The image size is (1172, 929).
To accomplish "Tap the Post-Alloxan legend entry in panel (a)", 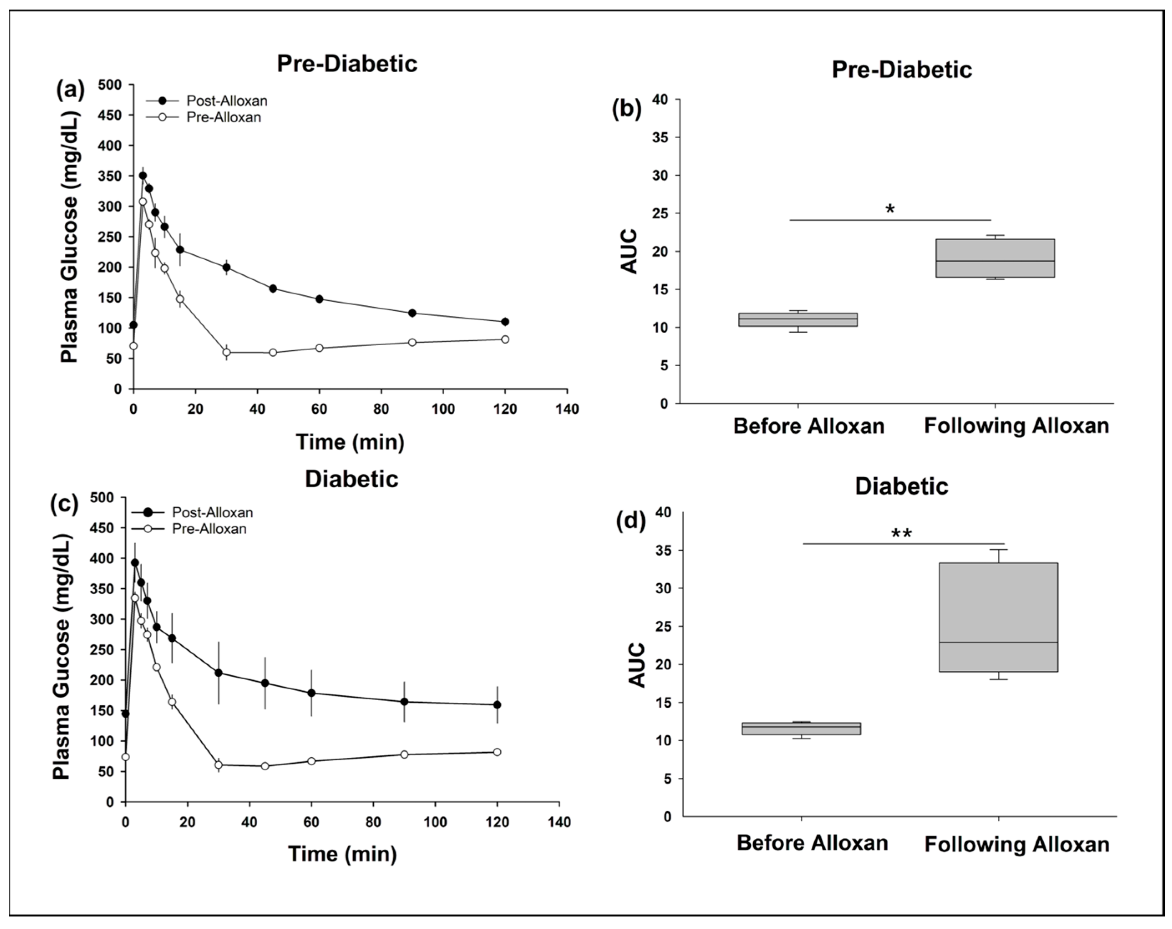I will (x=226, y=101).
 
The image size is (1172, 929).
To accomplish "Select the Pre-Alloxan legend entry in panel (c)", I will (x=209, y=529).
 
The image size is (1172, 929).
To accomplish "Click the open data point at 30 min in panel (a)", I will (x=226, y=352).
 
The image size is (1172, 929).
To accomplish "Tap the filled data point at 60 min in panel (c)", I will (x=311, y=693).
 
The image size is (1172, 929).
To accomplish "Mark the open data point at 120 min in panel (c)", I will (x=497, y=752).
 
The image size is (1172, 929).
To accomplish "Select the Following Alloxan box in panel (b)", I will (x=995, y=258).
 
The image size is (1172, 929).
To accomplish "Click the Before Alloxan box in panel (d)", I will (x=801, y=729).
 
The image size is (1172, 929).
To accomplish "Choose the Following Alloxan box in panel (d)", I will (x=999, y=617).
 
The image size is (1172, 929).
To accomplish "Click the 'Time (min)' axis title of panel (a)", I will (x=350, y=442).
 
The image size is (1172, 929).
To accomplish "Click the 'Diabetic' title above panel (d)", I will (x=901, y=486).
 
